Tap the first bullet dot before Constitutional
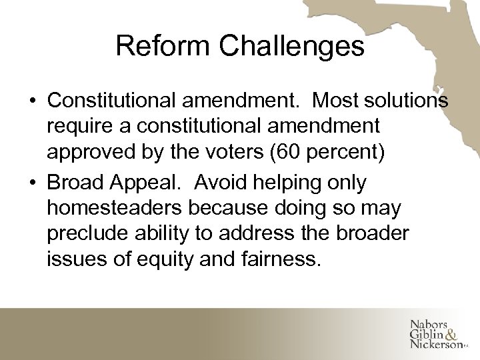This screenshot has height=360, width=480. (x=32, y=102)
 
